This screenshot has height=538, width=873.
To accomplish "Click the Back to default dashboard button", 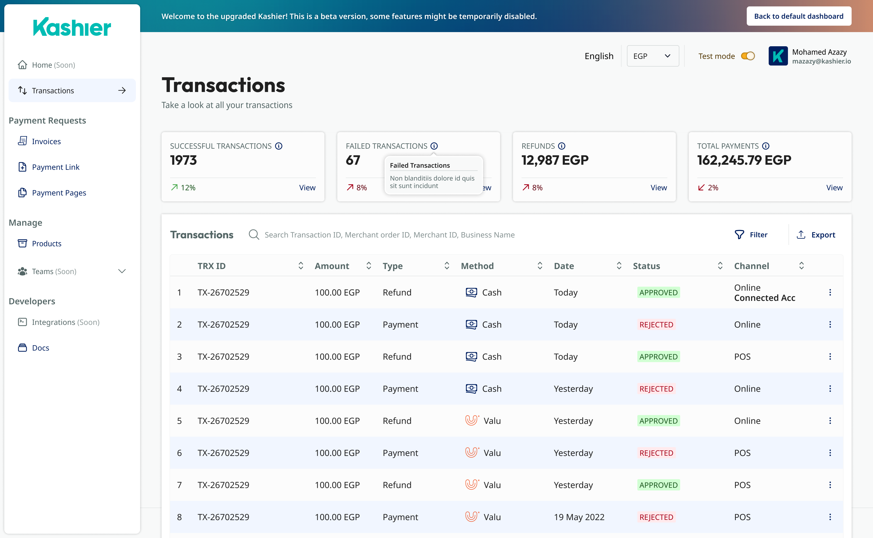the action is coord(799,16).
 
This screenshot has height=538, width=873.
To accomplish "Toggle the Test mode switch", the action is coord(748,56).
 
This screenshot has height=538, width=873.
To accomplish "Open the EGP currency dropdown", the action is coord(653,56).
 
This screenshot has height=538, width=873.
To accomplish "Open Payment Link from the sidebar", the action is coord(56,167).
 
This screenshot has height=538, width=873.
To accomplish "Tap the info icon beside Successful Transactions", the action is coord(279,146).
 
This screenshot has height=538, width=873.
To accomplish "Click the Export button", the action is coord(816,235).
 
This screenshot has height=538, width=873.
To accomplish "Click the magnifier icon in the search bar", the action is coord(254,235).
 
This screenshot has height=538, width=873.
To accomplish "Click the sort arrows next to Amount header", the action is coord(369,266).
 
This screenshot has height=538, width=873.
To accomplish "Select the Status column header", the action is coord(646,266).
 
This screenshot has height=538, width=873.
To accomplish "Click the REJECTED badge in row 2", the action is coord(656,325).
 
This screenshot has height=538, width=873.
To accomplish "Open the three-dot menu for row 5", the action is coord(830,421).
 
